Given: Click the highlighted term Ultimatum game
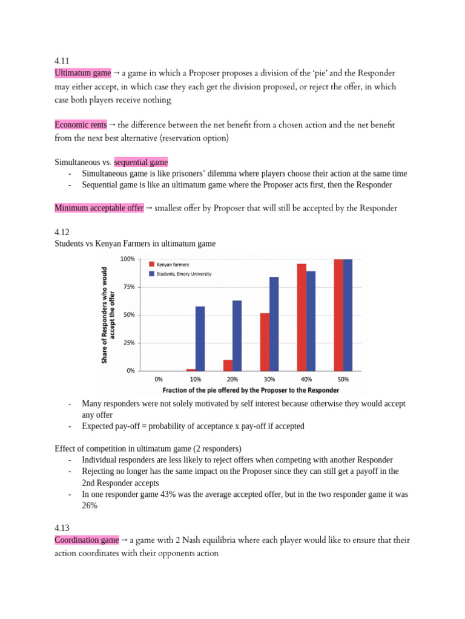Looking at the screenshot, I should coord(83,73).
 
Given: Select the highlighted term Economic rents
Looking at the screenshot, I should coord(81,125).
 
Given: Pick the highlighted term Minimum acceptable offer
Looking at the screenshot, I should coord(99,208).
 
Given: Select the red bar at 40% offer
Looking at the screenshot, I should coord(302,317).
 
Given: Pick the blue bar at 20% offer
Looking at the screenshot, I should coord(237,335).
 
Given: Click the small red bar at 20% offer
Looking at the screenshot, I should coord(228,365).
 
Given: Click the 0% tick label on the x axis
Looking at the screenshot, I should coord(159,379).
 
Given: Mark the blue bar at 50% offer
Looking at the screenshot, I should coord(348,314).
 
